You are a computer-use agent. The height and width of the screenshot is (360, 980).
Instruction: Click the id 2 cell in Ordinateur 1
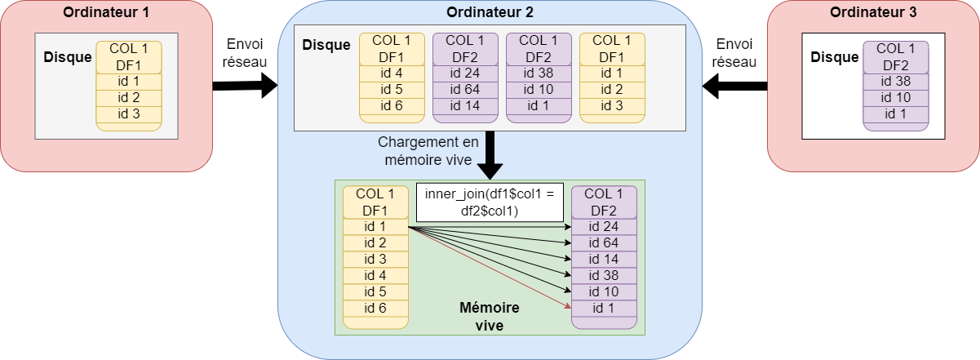click(129, 98)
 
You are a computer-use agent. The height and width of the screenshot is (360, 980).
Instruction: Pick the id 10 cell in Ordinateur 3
click(896, 98)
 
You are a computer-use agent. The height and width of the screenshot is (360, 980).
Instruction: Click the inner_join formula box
click(490, 202)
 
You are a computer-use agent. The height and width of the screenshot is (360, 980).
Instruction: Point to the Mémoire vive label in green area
click(490, 316)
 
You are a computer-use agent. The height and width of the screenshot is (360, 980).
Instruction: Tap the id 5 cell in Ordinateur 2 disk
click(392, 90)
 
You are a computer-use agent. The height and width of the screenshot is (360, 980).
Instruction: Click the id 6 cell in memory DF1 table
click(375, 308)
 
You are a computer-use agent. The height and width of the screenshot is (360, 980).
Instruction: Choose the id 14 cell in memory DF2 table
click(604, 259)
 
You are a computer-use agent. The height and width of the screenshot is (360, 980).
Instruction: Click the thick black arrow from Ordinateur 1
click(245, 85)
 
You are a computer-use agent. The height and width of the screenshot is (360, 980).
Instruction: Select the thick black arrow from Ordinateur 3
click(734, 85)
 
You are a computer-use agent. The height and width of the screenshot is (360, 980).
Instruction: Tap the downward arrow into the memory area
click(490, 155)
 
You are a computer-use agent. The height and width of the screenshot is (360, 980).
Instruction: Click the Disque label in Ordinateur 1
click(68, 57)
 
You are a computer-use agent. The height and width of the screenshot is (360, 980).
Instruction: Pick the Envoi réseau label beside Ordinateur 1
click(244, 52)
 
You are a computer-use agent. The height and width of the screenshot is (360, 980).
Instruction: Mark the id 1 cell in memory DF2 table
click(604, 308)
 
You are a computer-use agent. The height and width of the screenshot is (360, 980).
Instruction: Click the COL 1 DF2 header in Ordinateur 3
click(896, 57)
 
